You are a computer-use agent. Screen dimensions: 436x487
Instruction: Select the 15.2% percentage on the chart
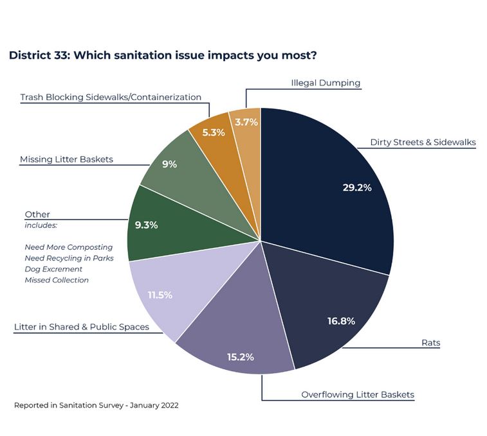click(x=240, y=356)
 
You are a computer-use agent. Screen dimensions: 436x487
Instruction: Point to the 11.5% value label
click(x=160, y=295)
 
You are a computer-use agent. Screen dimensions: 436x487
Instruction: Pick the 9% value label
click(x=169, y=164)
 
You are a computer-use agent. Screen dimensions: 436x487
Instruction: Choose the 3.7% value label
click(x=246, y=121)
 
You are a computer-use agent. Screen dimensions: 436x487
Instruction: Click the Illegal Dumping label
click(x=326, y=83)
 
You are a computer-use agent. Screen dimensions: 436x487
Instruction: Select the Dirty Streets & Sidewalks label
click(x=423, y=142)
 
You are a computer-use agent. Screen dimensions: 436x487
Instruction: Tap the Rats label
click(x=431, y=343)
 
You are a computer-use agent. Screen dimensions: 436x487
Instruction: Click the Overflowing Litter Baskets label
click(x=358, y=394)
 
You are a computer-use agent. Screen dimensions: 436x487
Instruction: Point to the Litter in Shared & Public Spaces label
click(x=82, y=327)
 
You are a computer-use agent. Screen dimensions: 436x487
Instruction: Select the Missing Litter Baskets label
click(x=66, y=159)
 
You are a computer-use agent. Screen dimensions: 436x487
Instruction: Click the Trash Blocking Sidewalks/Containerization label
click(x=111, y=98)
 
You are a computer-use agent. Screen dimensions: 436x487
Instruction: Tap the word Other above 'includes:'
click(x=37, y=214)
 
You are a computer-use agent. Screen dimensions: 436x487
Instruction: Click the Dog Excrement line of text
click(x=53, y=269)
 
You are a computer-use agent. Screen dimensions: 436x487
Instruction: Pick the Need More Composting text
click(x=69, y=247)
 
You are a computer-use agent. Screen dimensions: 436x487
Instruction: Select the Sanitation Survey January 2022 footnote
click(x=96, y=405)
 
